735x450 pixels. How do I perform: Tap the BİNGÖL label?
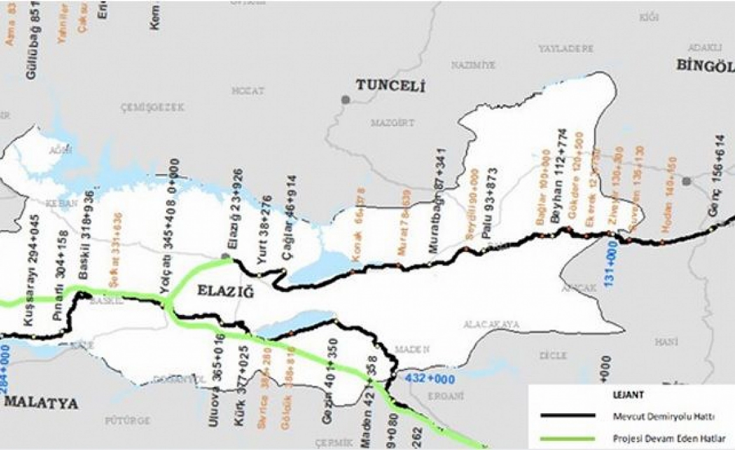(x=705, y=66)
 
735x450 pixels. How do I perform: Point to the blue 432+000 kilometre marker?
(x=430, y=378)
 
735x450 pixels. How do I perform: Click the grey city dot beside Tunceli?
(x=346, y=100)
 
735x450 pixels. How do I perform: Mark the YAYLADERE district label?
(x=565, y=48)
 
